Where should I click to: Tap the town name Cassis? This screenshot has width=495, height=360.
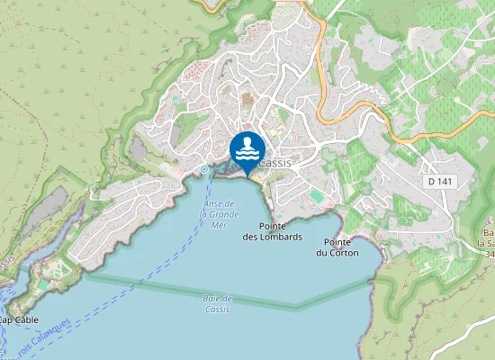276,163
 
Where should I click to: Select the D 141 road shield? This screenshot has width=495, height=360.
439,182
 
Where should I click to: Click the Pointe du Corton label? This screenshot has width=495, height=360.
337,247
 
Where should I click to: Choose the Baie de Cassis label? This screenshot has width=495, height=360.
217,303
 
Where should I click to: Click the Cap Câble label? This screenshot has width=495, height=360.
18,319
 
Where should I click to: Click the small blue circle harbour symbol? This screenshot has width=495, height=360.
205,168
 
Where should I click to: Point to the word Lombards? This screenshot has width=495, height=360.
280,237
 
